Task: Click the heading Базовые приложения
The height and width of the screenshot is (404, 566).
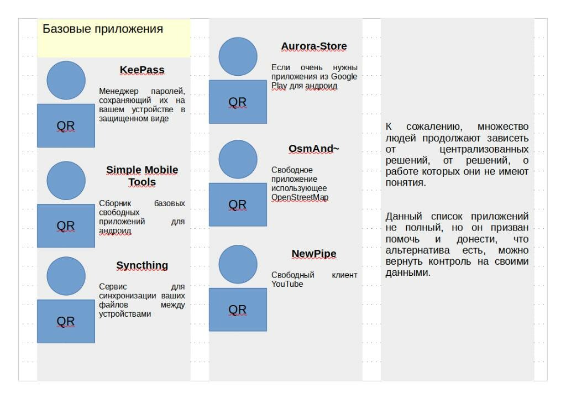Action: tap(103, 29)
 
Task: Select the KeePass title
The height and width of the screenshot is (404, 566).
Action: tap(142, 70)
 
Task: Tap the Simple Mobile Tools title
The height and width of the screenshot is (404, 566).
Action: tap(142, 176)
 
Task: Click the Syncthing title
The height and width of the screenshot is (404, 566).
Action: tap(142, 266)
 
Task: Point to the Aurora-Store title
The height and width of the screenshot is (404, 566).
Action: tap(314, 46)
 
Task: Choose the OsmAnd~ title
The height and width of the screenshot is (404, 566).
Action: tap(314, 149)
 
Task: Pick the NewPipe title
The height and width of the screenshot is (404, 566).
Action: tap(314, 254)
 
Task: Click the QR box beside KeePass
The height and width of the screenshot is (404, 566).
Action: tap(66, 125)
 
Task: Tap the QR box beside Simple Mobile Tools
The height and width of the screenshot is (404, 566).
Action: tap(66, 225)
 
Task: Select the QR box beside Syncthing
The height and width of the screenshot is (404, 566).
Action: tap(66, 321)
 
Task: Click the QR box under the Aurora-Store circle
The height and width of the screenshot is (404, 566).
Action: tap(238, 102)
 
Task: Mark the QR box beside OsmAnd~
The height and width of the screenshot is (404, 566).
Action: tap(238, 204)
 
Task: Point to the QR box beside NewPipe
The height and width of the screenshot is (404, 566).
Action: tap(238, 309)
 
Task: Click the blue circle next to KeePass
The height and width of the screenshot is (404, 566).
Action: tap(66, 80)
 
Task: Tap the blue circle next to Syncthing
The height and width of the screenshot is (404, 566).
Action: tap(66, 276)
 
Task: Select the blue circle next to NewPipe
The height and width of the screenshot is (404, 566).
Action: tap(238, 264)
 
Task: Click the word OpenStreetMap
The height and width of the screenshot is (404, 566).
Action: tap(300, 197)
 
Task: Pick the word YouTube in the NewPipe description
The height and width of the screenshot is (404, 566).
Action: tap(287, 284)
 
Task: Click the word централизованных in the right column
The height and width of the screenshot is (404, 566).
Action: tap(484, 149)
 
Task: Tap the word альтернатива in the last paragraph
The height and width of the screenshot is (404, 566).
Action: tap(418, 250)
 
